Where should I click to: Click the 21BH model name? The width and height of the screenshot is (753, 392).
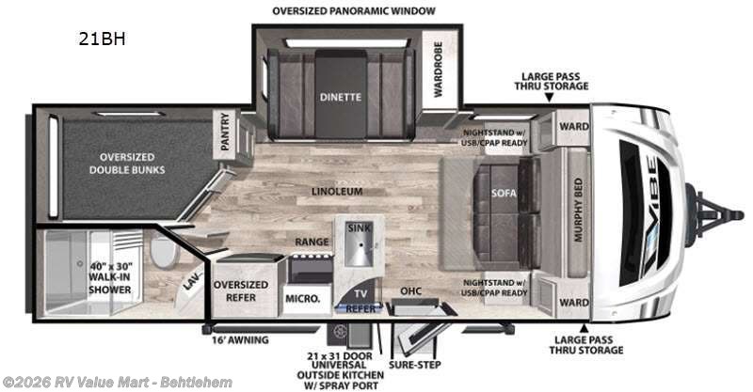tap(102, 39)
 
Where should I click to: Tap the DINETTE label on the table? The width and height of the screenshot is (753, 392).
tap(341, 97)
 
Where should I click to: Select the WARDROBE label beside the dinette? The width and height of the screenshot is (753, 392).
tap(438, 69)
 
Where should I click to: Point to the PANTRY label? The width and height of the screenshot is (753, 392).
tap(225, 132)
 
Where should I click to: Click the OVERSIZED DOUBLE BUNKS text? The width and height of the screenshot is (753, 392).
tap(127, 164)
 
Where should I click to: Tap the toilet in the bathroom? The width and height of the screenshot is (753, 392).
tap(163, 251)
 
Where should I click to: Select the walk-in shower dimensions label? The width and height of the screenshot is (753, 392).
tap(110, 278)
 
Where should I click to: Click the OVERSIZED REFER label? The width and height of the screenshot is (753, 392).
tap(241, 290)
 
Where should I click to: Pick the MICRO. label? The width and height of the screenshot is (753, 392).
tap(302, 298)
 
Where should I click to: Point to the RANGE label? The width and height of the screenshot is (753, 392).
tap(312, 242)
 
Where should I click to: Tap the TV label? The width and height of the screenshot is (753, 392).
tap(360, 293)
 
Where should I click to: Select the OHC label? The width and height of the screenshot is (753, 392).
tap(411, 290)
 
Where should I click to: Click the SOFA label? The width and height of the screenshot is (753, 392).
tap(504, 193)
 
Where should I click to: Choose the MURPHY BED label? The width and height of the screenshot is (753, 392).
tap(578, 210)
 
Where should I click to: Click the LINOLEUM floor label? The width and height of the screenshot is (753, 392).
tap(337, 192)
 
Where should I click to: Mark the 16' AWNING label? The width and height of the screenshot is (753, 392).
tap(241, 340)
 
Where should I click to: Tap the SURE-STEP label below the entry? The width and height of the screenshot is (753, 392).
tap(415, 365)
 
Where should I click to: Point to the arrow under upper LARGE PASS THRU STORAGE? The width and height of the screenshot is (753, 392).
tap(550, 98)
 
